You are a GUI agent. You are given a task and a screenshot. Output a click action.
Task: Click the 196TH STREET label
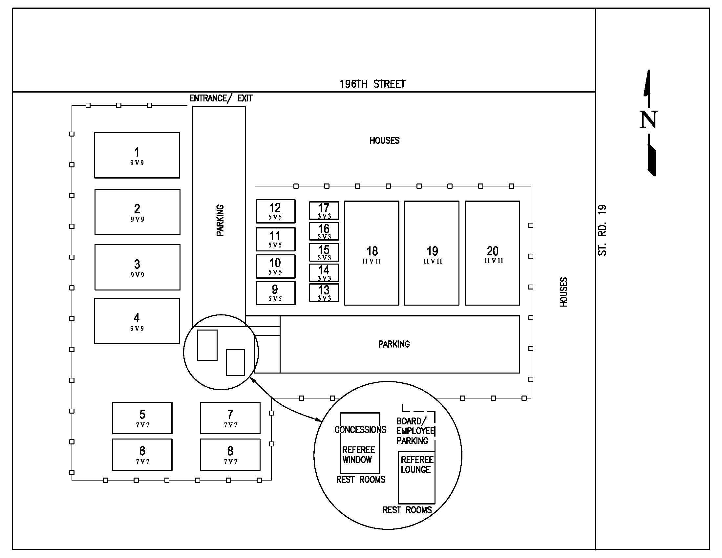[x=372, y=84]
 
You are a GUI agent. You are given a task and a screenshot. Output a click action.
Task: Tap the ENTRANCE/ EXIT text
[x=221, y=98]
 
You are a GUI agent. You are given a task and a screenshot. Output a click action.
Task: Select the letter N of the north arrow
[x=648, y=120]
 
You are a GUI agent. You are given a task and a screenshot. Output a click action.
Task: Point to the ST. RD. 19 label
[x=602, y=230]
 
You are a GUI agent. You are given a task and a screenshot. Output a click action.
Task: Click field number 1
[x=137, y=155]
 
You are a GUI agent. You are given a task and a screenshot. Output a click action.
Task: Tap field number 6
[x=142, y=455]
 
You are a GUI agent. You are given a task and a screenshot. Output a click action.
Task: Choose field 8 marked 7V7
[x=230, y=455]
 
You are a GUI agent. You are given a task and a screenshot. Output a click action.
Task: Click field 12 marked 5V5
[x=275, y=211]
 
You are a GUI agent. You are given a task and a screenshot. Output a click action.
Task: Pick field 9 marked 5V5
[x=275, y=293]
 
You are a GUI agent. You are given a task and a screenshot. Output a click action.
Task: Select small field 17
[x=324, y=211]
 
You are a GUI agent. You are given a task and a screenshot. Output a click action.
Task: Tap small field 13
[x=324, y=292]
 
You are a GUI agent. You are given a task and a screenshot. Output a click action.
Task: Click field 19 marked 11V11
[x=432, y=253]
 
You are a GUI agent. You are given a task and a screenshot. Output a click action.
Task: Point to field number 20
[x=492, y=253]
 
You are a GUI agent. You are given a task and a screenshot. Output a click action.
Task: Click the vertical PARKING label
[x=220, y=220]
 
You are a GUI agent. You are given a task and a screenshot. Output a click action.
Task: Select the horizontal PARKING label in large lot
[x=394, y=344]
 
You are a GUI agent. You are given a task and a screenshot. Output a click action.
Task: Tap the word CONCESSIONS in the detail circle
[x=360, y=430]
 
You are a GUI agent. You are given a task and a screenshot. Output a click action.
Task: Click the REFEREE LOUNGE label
[x=416, y=464]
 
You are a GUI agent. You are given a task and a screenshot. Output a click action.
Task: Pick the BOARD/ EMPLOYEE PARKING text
[x=415, y=431]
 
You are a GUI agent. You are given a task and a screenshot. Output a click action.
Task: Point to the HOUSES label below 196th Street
[x=385, y=140]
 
